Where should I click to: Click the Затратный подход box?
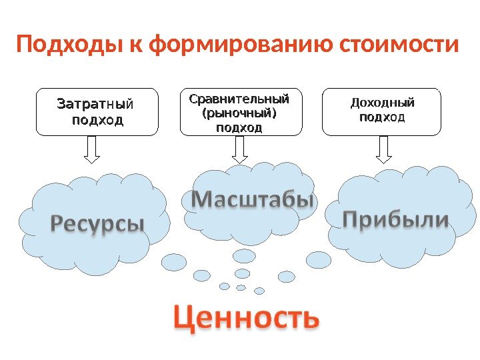[97, 111]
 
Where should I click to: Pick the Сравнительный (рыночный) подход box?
[240, 111]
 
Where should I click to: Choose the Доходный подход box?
[382, 111]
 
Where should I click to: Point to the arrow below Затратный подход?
[92, 150]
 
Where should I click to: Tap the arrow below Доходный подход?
[383, 150]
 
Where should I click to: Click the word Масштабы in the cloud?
[253, 199]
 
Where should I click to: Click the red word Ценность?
[247, 318]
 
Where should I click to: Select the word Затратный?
[95, 105]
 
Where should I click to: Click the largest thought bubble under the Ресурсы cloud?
[175, 261]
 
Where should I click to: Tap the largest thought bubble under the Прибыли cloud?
[318, 260]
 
